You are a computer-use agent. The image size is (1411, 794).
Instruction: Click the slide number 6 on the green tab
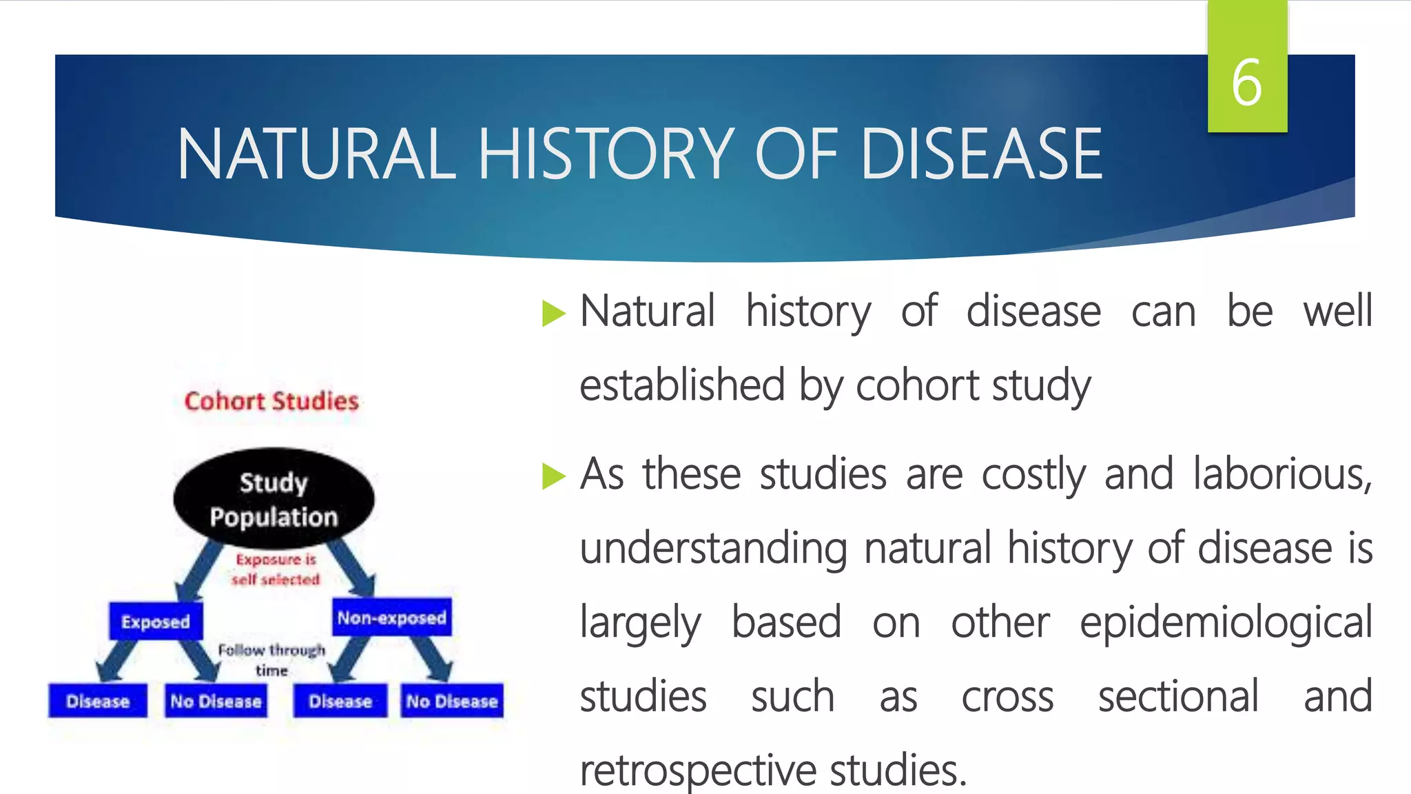[1246, 83]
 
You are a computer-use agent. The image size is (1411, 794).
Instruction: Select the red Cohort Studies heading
[271, 401]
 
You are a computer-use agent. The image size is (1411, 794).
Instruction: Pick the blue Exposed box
[156, 622]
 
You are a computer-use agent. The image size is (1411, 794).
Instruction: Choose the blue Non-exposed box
[391, 618]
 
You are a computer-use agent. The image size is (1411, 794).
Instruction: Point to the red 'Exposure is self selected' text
[276, 569]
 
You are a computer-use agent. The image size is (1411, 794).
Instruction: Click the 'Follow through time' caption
[271, 660]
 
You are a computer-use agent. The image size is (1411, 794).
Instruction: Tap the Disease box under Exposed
[98, 701]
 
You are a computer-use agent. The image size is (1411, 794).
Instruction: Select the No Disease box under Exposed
[216, 701]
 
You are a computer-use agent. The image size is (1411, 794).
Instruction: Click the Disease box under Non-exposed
[340, 701]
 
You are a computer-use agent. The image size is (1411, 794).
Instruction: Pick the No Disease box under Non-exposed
[452, 701]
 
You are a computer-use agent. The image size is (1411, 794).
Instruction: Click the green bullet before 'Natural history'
[553, 314]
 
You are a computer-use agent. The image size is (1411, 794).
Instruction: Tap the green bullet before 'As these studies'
[553, 476]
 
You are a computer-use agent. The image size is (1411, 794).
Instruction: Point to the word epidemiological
[1226, 622]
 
